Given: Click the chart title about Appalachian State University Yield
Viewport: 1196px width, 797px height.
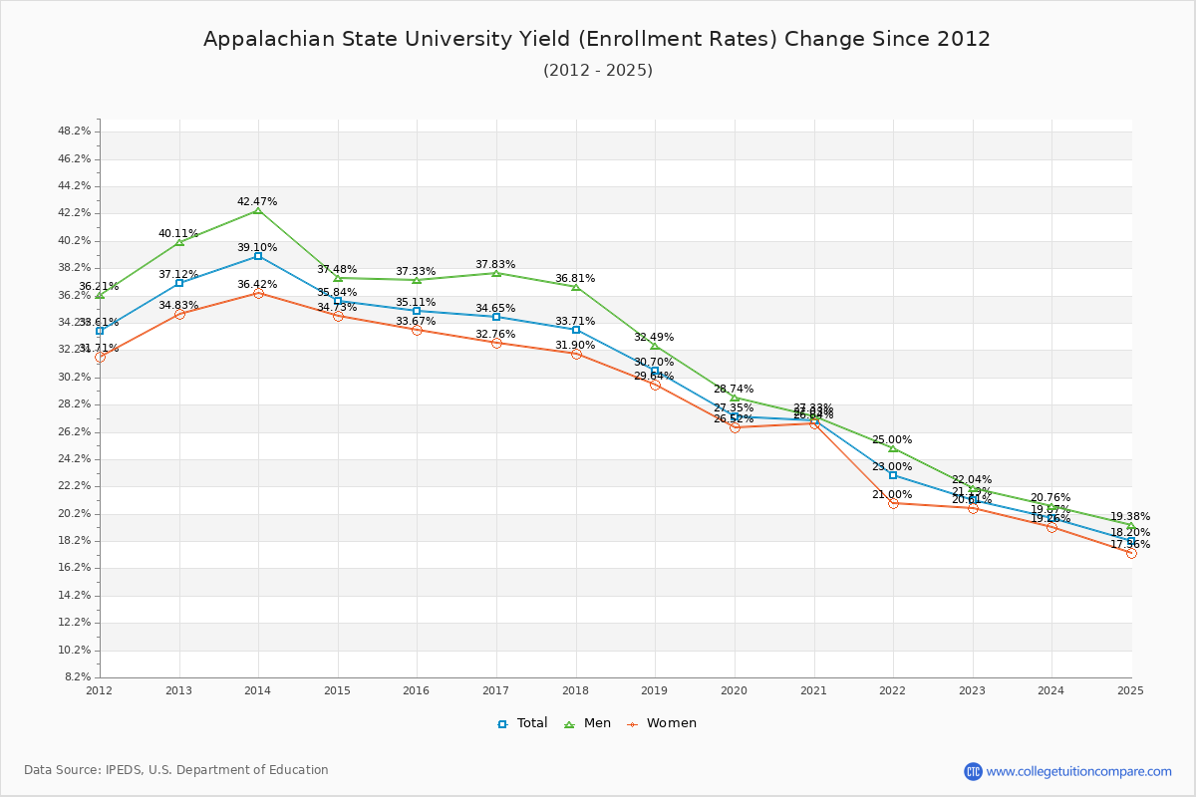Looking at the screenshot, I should tap(597, 39).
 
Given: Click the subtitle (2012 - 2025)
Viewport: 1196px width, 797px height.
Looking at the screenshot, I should tap(597, 70).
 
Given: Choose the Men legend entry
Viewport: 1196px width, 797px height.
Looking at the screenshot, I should tap(588, 723).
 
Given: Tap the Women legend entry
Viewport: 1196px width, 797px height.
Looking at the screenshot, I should tap(662, 723).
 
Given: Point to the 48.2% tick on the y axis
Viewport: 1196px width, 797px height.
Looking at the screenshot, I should tap(75, 132).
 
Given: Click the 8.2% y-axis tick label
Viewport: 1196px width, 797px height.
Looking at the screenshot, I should tap(78, 677).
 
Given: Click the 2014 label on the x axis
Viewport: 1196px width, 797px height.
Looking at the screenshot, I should tap(258, 690).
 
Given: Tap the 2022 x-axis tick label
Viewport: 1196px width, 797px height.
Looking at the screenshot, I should tap(893, 690).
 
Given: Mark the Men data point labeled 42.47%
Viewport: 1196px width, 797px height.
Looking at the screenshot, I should tap(258, 211).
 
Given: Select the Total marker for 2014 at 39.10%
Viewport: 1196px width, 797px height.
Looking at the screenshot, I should tap(258, 256).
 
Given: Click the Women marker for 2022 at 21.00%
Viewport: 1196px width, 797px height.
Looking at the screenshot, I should tap(893, 503).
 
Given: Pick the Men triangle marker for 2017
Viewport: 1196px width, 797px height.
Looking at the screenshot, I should tap(496, 273).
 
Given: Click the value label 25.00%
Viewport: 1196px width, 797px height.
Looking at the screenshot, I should tap(892, 439).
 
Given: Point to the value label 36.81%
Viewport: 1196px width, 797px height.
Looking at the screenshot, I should tap(575, 278).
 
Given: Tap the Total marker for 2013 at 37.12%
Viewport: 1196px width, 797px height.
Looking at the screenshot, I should tap(179, 283).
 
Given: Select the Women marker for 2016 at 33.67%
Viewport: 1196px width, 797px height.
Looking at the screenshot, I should tap(417, 330).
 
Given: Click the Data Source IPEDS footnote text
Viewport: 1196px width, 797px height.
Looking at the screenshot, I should tap(176, 770).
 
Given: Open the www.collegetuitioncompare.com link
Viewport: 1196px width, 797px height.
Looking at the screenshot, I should tap(1078, 771).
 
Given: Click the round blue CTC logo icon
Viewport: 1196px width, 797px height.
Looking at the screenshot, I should tap(973, 771).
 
